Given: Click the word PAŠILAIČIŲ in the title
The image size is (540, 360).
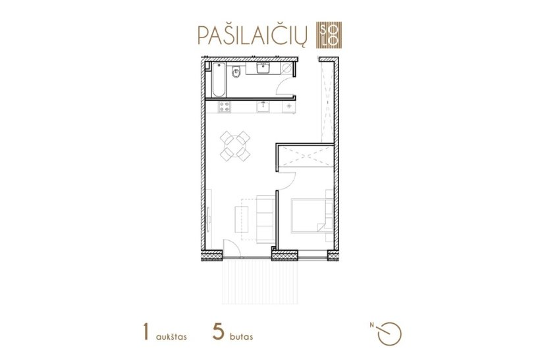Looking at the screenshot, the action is (x=252, y=34).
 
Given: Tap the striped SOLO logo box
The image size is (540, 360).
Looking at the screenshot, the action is (x=329, y=35).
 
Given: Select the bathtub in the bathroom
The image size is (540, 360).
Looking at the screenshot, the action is (x=219, y=80).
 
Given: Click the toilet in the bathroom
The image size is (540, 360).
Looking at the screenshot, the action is (x=236, y=72).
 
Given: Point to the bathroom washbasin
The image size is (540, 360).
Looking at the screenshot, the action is (x=264, y=68).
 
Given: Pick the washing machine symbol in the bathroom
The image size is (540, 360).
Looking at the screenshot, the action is (x=286, y=68).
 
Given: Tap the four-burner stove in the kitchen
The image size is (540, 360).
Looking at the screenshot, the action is (x=224, y=107).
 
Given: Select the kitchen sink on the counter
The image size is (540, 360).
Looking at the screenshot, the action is (x=263, y=107).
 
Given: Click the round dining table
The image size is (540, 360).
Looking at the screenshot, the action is (x=235, y=146).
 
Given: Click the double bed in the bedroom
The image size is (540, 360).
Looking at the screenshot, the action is (x=312, y=216).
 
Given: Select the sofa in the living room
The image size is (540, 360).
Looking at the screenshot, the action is (x=265, y=220).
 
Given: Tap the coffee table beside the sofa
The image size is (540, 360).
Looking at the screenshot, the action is (x=242, y=219).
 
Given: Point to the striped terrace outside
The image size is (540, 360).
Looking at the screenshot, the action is (x=260, y=282).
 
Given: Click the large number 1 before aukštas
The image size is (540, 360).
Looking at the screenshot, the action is (x=146, y=332).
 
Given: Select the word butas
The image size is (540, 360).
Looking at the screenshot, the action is (x=242, y=336).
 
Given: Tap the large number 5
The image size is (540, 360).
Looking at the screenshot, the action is (x=219, y=332).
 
